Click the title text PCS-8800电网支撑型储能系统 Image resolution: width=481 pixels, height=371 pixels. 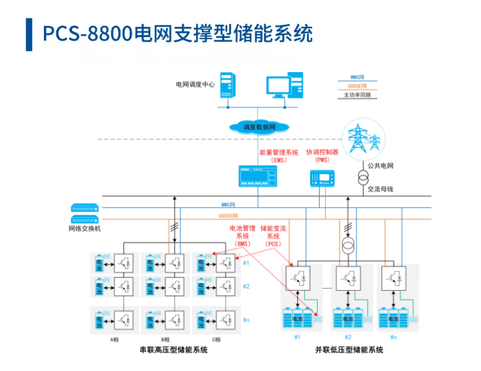point(178,33)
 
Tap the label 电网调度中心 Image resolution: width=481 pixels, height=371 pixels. point(195,84)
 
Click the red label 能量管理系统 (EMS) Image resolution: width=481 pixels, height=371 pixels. point(279,156)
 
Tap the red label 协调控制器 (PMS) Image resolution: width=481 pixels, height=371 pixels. point(322,156)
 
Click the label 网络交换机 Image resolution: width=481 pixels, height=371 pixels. point(84,228)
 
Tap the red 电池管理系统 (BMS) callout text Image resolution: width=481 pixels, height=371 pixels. point(242,235)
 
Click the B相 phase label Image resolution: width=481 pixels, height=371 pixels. point(165,339)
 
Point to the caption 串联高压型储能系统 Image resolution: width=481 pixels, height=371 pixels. point(172,350)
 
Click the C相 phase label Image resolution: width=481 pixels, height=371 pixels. point(216,339)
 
